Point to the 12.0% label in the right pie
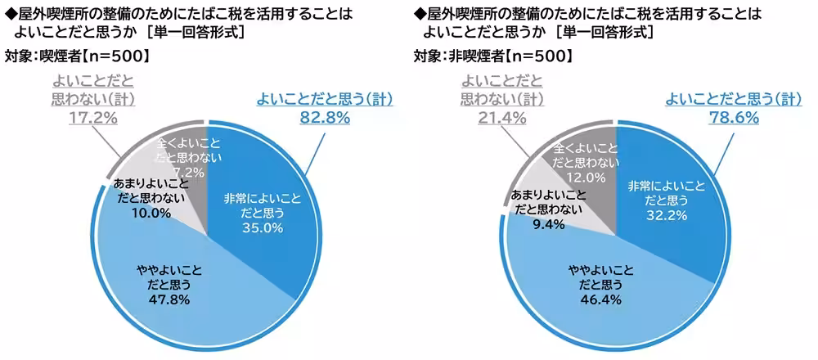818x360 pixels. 586,176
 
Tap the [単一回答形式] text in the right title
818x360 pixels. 605,33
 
